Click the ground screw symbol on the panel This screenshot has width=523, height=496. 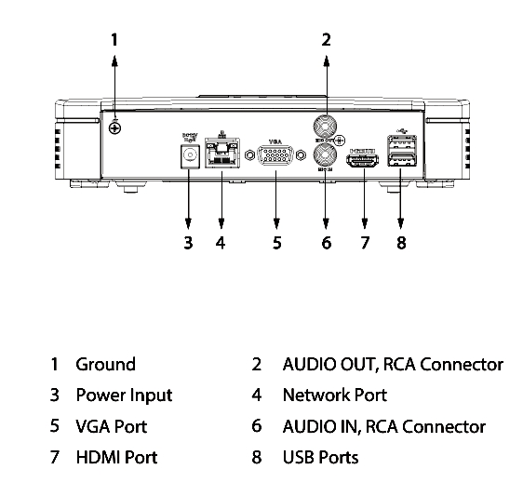coord(115,127)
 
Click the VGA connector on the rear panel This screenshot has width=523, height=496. coord(275,159)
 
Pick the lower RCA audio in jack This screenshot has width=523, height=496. coord(326,153)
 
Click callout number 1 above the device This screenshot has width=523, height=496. coord(114,39)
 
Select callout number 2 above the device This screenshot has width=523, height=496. coord(327,39)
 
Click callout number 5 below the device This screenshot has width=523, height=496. coord(276,243)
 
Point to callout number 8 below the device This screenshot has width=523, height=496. coord(400,243)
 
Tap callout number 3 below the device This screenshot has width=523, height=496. coord(188,243)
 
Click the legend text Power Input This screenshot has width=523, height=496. coord(124,395)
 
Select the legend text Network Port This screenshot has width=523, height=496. coord(334,395)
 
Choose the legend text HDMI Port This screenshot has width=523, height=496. coord(116,457)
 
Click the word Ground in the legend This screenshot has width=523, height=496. coord(105,364)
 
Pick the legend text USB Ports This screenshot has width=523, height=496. coord(320,457)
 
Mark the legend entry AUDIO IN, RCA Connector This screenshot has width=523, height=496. coord(383,426)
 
